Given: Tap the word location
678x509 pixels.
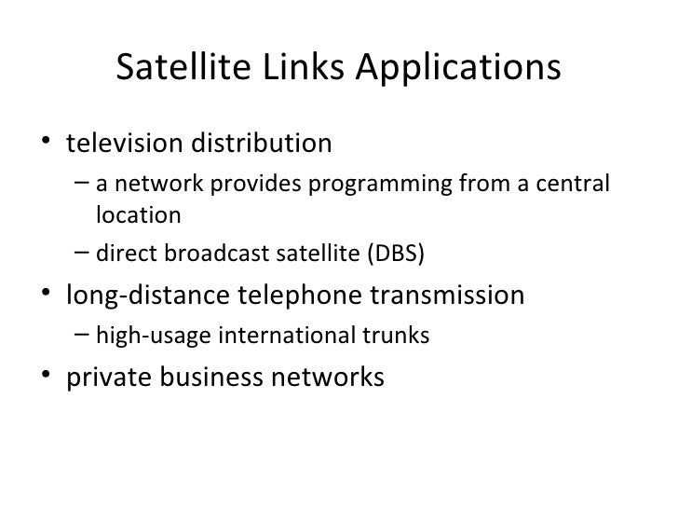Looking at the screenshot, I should tap(138, 216).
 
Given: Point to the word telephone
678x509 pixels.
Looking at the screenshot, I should tap(294, 296).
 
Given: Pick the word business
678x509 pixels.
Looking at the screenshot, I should tap(208, 378).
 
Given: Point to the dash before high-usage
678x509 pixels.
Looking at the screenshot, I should tap(80, 337).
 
